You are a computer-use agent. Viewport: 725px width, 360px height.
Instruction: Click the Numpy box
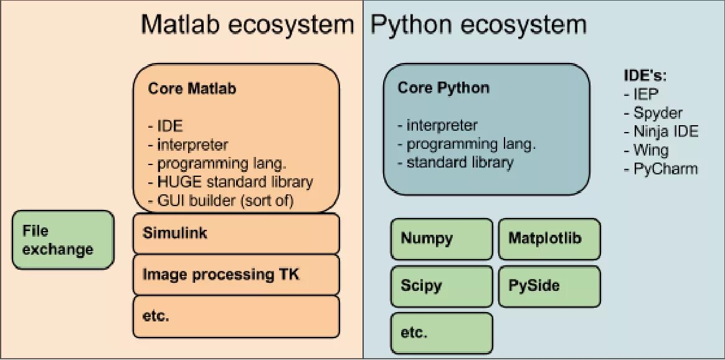[442, 239]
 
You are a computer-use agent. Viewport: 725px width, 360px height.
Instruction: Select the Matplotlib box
[549, 239]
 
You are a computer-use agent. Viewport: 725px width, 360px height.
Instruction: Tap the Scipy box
[442, 286]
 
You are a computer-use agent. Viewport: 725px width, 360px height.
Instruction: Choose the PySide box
[549, 286]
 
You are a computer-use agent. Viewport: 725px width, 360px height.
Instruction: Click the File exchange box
[63, 240]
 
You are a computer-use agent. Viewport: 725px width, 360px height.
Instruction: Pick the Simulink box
[236, 234]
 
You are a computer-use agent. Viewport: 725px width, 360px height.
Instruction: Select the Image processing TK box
[236, 275]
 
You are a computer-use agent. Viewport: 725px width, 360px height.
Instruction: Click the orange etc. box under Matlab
[236, 316]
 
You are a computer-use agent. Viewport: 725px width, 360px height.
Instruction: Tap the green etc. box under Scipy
[442, 333]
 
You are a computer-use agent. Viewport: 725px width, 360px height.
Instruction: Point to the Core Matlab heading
[192, 88]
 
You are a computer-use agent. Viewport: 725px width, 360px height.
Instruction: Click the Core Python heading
[443, 87]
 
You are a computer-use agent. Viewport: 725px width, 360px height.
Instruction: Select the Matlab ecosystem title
[247, 25]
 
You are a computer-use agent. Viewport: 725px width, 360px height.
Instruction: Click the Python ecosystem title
[478, 25]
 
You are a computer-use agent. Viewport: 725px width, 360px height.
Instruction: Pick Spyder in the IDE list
[658, 113]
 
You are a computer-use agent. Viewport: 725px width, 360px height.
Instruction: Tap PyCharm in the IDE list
[665, 169]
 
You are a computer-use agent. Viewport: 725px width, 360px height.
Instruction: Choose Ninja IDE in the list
[665, 131]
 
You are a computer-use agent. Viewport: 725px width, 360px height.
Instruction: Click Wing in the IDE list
[651, 150]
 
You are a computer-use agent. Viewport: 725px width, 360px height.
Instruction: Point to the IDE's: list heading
[645, 76]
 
